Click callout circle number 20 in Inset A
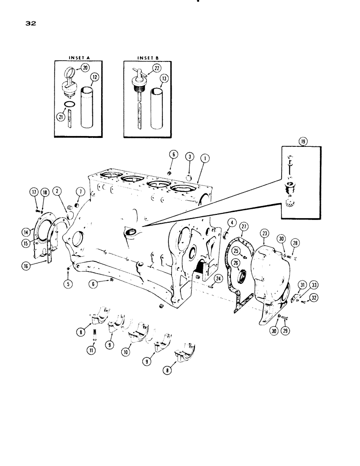pos(98,68)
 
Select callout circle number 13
pos(164,79)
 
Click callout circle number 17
pos(34,191)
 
